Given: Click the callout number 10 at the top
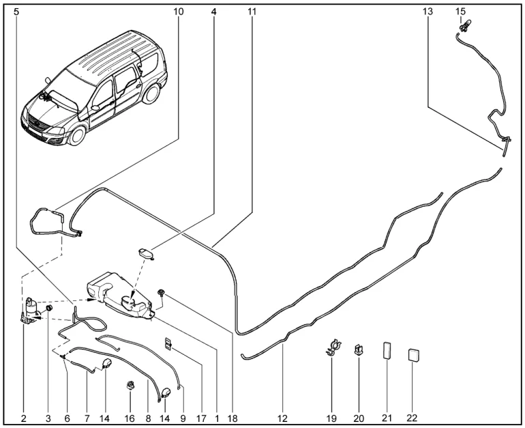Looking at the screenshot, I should click(x=179, y=12).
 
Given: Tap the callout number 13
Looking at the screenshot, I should click(x=428, y=12).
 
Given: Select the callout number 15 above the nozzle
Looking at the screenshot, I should click(x=460, y=12).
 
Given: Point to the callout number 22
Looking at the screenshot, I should click(x=412, y=416).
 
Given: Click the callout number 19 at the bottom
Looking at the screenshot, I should click(x=331, y=416).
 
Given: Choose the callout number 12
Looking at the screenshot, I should click(x=283, y=416).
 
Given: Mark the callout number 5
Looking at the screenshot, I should click(x=16, y=12).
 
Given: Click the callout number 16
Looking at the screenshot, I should click(x=129, y=416).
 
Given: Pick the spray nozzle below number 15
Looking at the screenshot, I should click(x=463, y=28).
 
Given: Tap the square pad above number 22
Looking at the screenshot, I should click(x=412, y=355).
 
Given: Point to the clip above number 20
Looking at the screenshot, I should click(x=358, y=352).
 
